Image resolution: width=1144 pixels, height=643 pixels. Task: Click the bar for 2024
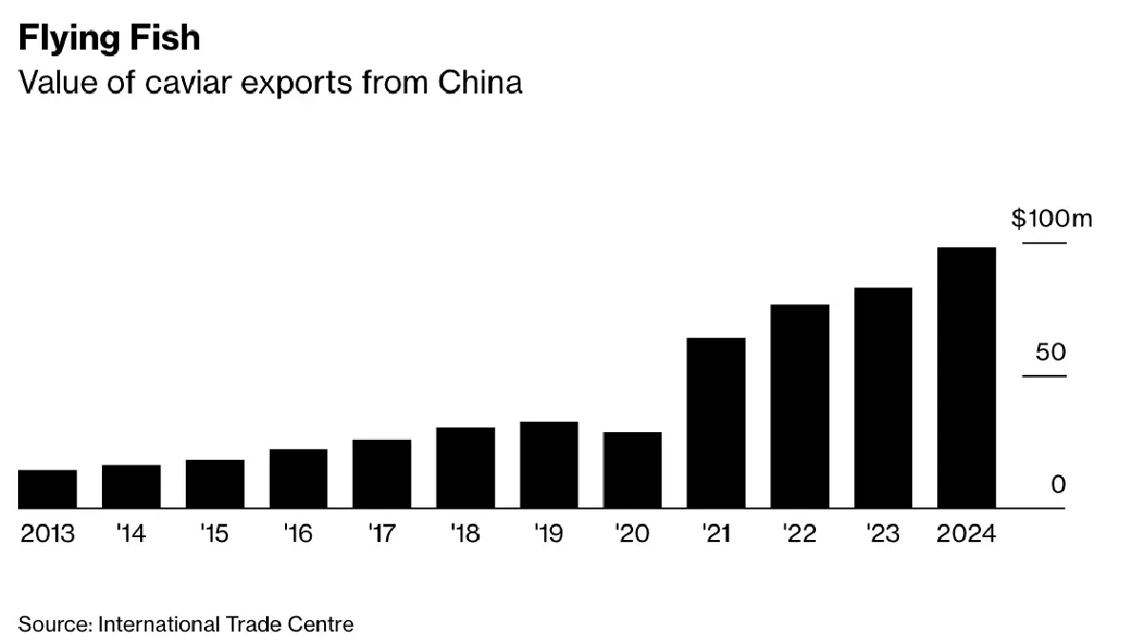[x=967, y=378]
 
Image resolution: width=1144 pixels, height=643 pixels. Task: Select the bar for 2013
[x=48, y=488]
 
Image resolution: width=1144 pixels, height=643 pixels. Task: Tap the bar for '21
[x=716, y=423]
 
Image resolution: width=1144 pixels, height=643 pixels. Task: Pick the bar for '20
[x=632, y=469]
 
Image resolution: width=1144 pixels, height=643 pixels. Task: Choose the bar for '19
[x=549, y=465]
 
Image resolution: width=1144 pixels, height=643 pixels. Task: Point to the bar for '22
[x=800, y=406]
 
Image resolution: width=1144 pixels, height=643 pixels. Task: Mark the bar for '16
[x=298, y=478]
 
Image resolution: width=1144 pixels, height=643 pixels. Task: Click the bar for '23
[x=883, y=398]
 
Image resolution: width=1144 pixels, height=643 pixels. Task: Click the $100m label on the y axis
[x=1052, y=219]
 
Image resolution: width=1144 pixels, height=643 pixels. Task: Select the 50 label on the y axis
[x=1050, y=352]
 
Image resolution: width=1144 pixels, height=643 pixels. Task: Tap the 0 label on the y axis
[x=1058, y=485]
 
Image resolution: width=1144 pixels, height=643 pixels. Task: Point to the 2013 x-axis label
[x=48, y=533]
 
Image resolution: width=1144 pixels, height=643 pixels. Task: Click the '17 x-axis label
[x=380, y=533]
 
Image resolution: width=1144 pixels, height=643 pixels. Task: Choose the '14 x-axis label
[x=130, y=533]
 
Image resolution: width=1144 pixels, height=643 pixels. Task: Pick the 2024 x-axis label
[x=966, y=533]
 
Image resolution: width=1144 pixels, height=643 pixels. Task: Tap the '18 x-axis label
[x=464, y=533]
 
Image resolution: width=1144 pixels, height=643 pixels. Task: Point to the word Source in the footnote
[x=54, y=625]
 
